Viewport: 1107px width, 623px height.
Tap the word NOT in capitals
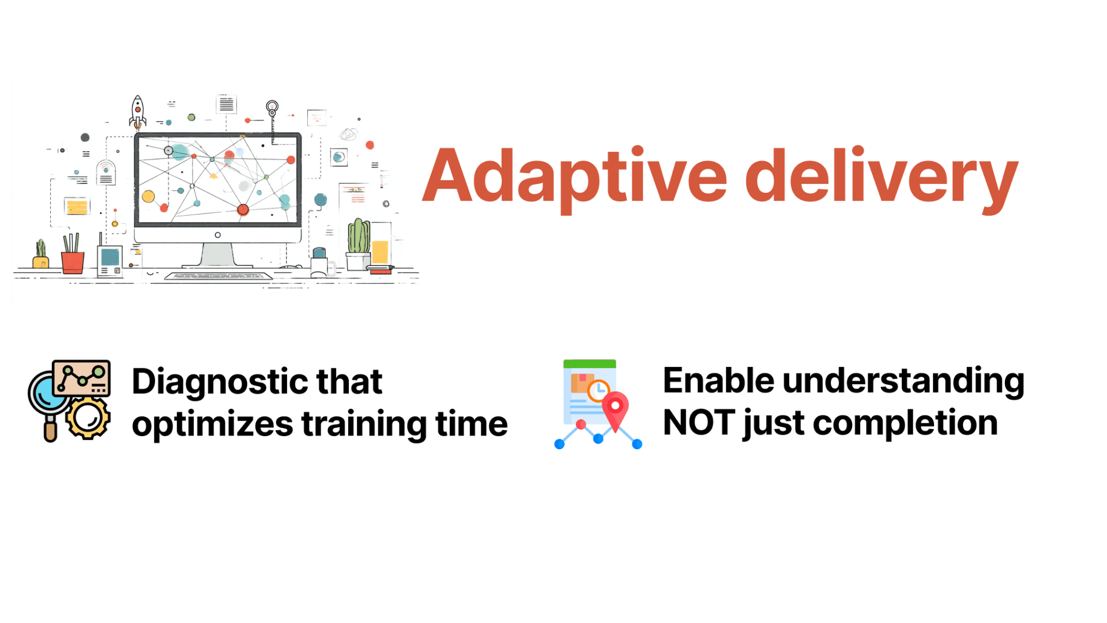click(x=699, y=423)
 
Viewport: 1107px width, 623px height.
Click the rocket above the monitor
click(x=137, y=112)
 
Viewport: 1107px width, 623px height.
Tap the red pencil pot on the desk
click(x=73, y=262)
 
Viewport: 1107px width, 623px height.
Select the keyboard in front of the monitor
click(x=219, y=276)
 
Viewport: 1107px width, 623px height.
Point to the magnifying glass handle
click(x=51, y=430)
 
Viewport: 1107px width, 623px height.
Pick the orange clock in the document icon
click(x=598, y=391)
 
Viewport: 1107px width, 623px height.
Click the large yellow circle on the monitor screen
click(x=148, y=196)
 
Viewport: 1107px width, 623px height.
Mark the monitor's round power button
click(x=217, y=235)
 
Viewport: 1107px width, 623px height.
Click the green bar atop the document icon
click(x=589, y=364)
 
